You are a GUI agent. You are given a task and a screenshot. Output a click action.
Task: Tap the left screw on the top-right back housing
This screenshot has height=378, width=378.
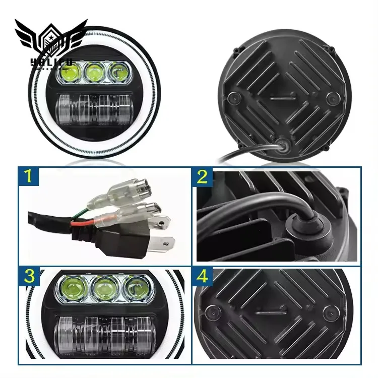[x=232, y=97]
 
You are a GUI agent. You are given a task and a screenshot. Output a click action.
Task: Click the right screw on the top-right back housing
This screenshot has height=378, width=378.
[x=332, y=98]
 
